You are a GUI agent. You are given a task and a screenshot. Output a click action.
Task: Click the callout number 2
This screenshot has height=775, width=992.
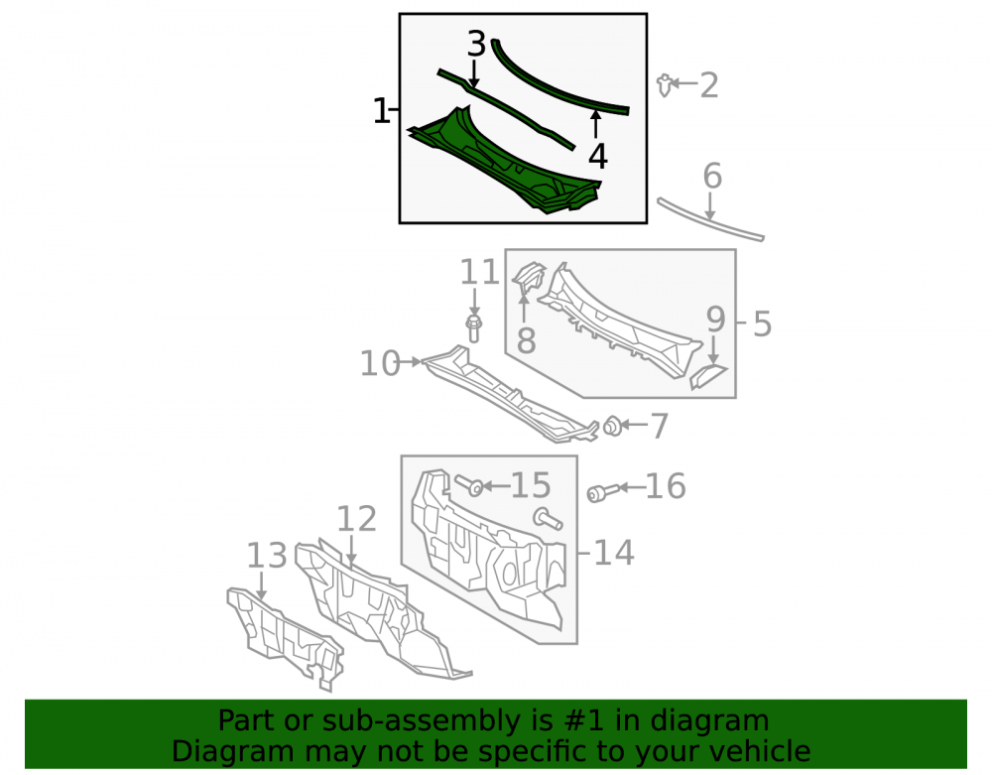tap(709, 85)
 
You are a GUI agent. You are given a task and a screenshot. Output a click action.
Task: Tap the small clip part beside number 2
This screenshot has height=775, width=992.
tap(665, 84)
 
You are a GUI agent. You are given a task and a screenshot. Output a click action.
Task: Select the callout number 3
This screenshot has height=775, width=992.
tap(477, 45)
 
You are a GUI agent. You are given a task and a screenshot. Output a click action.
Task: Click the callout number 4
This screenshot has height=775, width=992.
tap(598, 156)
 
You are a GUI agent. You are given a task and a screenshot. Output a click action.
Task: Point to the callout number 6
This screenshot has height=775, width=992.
tap(712, 176)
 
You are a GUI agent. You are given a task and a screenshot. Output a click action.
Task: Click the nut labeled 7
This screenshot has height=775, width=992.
tap(612, 426)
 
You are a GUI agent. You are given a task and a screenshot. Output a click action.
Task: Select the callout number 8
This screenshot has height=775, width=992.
tap(526, 340)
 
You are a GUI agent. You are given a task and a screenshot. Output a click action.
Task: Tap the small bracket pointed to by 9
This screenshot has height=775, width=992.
tap(707, 376)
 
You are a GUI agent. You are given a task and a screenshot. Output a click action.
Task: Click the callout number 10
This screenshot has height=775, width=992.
tap(380, 364)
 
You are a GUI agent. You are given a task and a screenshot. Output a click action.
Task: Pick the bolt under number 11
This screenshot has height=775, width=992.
tap(473, 328)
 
